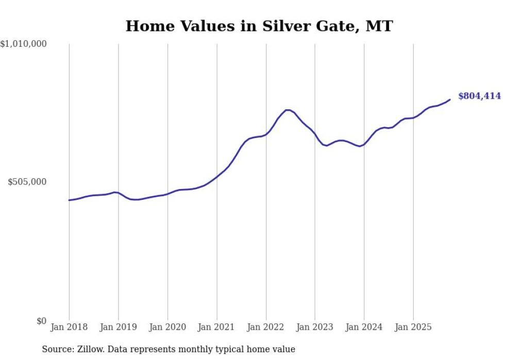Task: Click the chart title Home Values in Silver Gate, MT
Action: (259, 26)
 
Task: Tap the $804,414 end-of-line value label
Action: (479, 96)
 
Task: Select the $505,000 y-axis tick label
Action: (27, 182)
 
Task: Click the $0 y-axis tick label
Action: (41, 321)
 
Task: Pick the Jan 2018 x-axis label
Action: (69, 327)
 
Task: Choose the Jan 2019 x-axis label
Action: (118, 327)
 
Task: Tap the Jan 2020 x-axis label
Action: (167, 327)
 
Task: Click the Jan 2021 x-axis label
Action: (216, 327)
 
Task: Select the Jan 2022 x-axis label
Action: (266, 327)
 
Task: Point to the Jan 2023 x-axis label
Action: (315, 327)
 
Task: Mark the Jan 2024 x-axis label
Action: (364, 327)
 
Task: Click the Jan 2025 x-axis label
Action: (413, 327)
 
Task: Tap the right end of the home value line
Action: (450, 99)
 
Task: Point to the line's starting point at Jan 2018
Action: (69, 200)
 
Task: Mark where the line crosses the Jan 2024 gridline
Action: (364, 144)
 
